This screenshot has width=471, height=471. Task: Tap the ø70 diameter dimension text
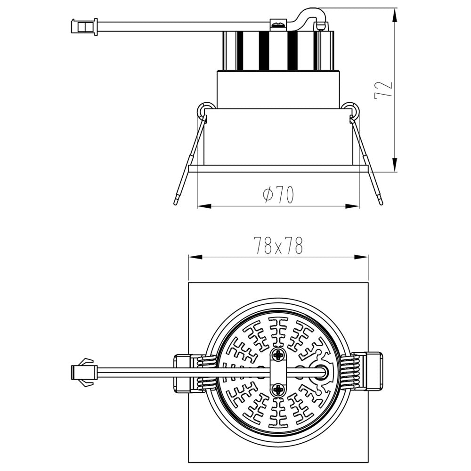pyautogui.click(x=278, y=195)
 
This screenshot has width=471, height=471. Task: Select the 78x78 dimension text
pyautogui.click(x=278, y=245)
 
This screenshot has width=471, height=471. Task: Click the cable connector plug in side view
pyautogui.click(x=84, y=26)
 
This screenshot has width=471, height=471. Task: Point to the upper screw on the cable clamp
pyautogui.click(x=278, y=354)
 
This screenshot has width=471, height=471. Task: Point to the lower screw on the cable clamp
pyautogui.click(x=278, y=389)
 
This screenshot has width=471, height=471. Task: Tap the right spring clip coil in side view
pyautogui.click(x=352, y=110)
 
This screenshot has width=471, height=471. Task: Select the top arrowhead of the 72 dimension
pyautogui.click(x=395, y=12)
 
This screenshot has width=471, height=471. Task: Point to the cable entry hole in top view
pyautogui.click(x=322, y=372)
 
